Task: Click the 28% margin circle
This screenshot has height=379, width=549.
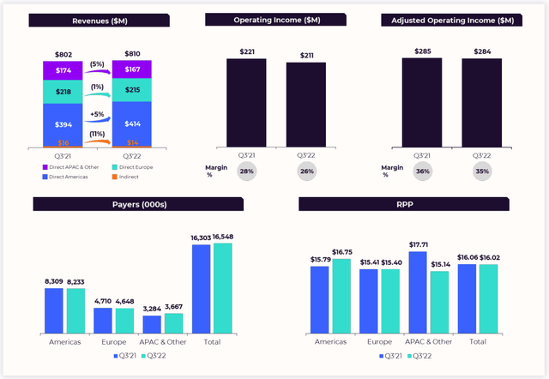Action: [245, 171]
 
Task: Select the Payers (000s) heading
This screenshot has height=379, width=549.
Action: [138, 203]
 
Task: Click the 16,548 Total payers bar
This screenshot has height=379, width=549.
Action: [222, 288]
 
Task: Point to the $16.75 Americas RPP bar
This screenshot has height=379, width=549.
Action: [341, 296]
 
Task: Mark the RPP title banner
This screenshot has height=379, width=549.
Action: [403, 203]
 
